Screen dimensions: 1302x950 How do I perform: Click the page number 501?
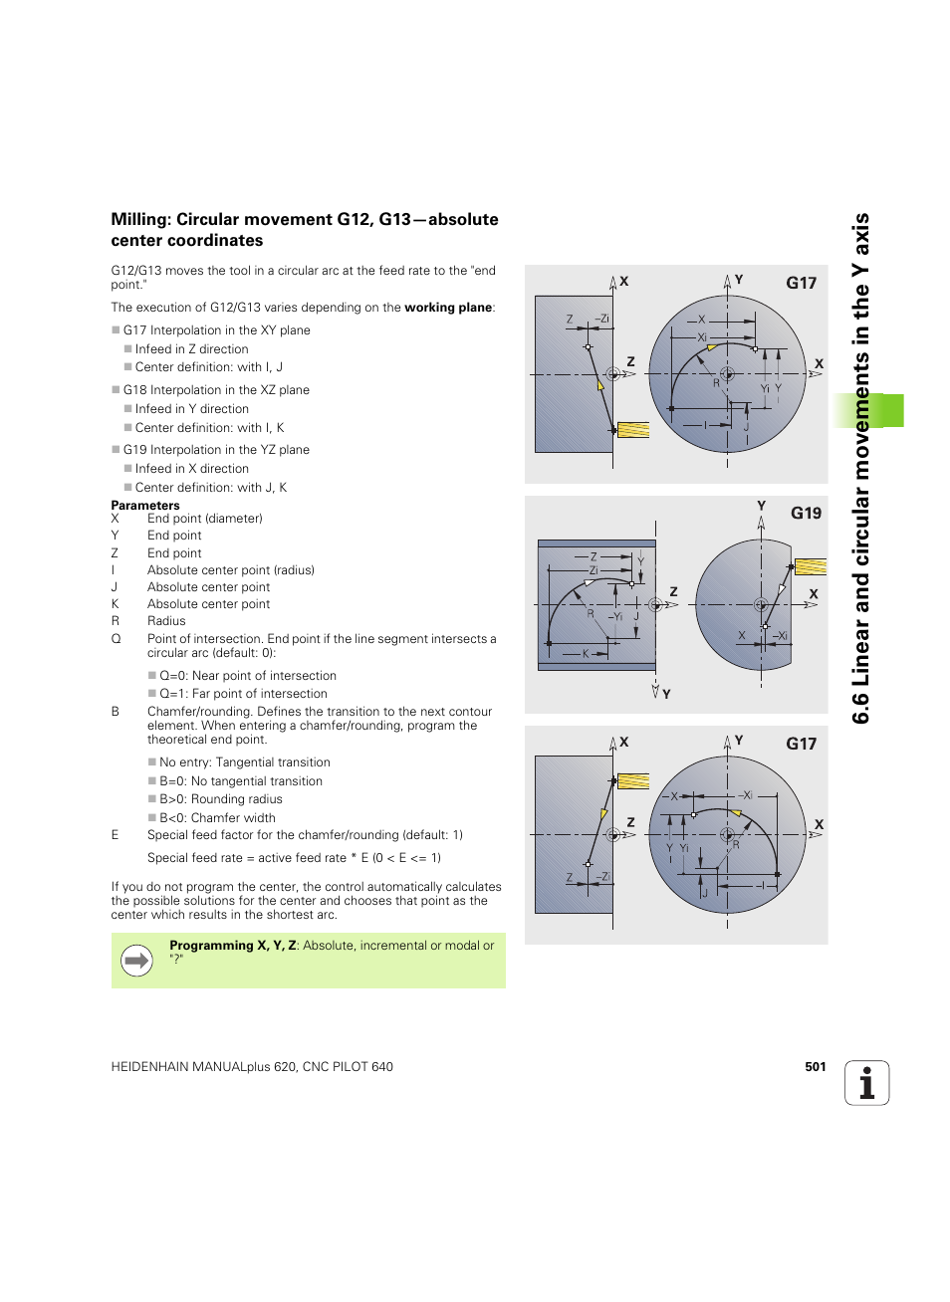point(815,1066)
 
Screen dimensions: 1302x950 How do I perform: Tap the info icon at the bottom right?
point(866,1083)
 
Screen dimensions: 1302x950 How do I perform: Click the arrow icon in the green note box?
point(136,961)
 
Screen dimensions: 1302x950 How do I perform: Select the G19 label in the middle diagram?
point(806,513)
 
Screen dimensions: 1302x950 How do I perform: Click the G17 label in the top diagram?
point(801,283)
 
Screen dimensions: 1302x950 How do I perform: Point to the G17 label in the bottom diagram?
point(801,744)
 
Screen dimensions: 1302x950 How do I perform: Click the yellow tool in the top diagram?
point(633,430)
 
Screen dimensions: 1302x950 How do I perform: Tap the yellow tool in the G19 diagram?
point(810,566)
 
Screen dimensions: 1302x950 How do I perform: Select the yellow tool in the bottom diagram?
point(633,781)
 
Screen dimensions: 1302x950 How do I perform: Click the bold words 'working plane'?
point(448,308)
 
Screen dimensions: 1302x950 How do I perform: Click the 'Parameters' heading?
point(145,505)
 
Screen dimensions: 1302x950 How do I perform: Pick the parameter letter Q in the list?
point(116,639)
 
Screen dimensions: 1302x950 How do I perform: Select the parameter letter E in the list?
point(115,835)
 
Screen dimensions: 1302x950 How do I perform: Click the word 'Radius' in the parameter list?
point(166,621)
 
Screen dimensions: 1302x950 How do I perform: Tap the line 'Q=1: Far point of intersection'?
point(243,694)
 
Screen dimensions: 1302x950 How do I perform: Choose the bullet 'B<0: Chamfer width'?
point(217,818)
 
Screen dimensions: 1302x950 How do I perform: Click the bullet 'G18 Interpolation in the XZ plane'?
point(216,390)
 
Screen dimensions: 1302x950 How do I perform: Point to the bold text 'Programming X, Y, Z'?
point(233,946)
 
